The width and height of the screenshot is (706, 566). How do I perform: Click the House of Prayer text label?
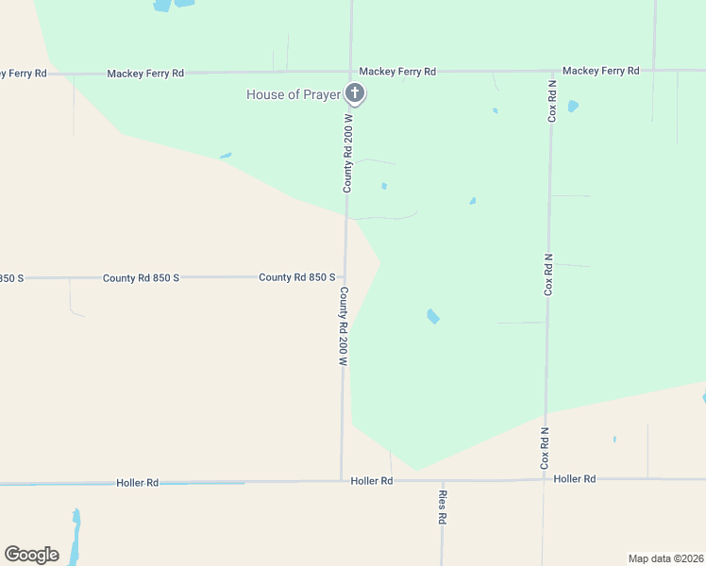292,94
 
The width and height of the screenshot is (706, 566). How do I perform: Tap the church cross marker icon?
355,92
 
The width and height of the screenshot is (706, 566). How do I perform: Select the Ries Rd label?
442,507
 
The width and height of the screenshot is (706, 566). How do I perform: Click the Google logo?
31,555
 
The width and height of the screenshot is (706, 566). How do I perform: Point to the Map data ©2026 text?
666,558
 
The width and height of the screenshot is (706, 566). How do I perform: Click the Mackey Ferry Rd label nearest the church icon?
397,72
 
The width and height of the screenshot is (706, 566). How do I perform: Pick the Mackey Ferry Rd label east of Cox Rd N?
600,71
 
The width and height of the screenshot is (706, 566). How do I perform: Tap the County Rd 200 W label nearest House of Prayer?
347,151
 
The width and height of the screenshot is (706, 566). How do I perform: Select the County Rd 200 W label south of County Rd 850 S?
344,325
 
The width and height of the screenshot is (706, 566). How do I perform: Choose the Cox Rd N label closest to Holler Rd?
545,448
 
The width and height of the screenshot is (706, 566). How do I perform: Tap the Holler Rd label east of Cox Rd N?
575,479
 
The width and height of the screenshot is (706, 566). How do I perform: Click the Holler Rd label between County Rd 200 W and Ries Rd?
371,481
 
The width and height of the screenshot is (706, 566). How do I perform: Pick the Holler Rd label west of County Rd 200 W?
138,483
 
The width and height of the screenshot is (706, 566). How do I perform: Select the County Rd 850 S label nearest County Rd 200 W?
297,277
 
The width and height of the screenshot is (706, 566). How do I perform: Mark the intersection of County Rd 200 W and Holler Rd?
342,481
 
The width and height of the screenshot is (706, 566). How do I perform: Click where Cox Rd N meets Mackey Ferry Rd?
553,71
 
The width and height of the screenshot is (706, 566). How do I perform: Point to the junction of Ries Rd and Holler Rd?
441,480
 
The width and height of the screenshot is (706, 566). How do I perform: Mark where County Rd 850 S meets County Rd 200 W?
345,277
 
